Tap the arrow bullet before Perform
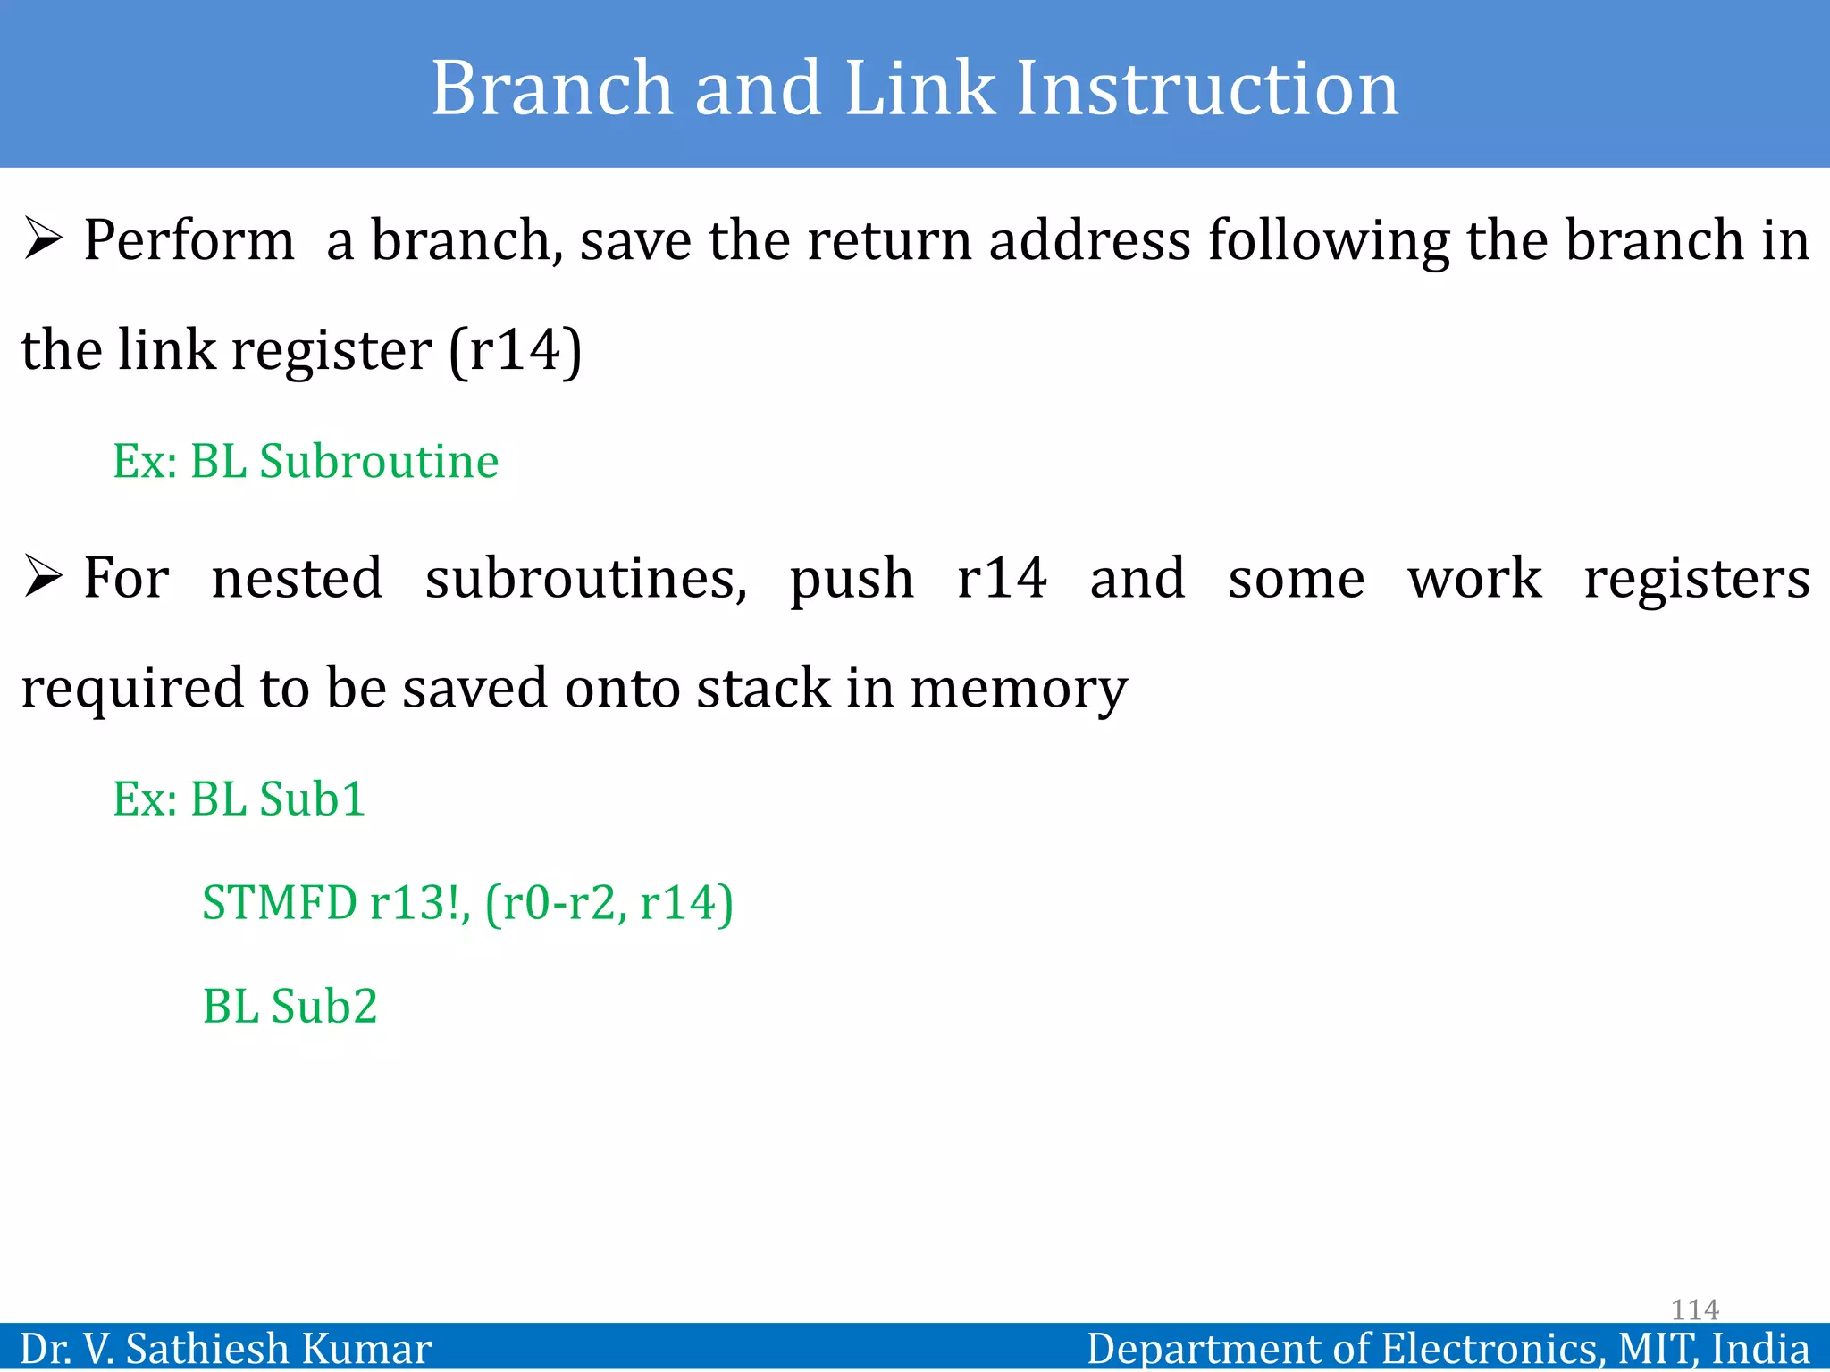click(43, 239)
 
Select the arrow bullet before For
click(43, 577)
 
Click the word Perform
click(189, 241)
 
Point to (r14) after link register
click(516, 350)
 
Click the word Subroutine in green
click(379, 462)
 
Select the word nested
click(297, 579)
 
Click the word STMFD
click(280, 903)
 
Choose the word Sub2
click(324, 1007)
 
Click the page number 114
click(1694, 1309)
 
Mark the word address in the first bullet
click(1089, 241)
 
